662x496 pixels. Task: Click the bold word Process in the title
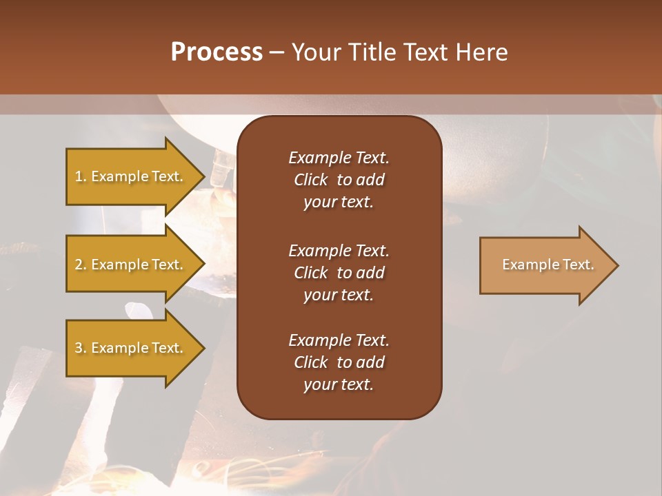217,52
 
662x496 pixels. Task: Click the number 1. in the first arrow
81,176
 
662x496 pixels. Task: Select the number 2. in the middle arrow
81,265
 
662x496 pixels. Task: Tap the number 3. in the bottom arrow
81,348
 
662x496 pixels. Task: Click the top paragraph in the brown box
339,180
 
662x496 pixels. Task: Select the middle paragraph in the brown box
339,272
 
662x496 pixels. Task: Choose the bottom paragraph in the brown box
339,362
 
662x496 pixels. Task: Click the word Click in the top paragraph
310,180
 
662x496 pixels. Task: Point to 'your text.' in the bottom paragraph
339,384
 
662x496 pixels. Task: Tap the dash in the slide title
277,53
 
